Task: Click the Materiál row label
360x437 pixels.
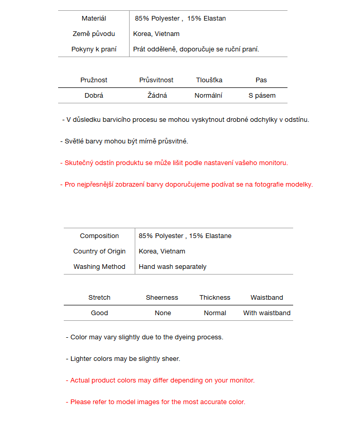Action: click(x=94, y=19)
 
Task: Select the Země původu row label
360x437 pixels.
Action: click(x=94, y=34)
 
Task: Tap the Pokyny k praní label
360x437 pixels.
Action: click(x=94, y=49)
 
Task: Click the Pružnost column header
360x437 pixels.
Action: click(x=94, y=80)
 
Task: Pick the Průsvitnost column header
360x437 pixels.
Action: click(x=156, y=80)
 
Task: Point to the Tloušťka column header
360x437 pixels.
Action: click(x=209, y=80)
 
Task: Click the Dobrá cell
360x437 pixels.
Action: click(x=94, y=96)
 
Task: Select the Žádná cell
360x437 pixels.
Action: click(x=157, y=96)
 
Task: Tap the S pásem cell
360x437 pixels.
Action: click(x=262, y=96)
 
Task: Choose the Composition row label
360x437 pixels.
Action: click(x=99, y=236)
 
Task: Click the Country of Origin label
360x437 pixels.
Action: click(x=99, y=251)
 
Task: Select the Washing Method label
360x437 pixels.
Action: click(x=99, y=267)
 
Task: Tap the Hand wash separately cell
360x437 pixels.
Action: click(x=172, y=267)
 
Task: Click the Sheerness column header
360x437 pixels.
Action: click(x=162, y=298)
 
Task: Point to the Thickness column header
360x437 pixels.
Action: click(x=215, y=298)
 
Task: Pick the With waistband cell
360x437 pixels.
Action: click(x=267, y=313)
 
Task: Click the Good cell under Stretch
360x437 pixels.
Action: click(x=99, y=313)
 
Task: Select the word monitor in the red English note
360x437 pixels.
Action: click(x=241, y=380)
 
